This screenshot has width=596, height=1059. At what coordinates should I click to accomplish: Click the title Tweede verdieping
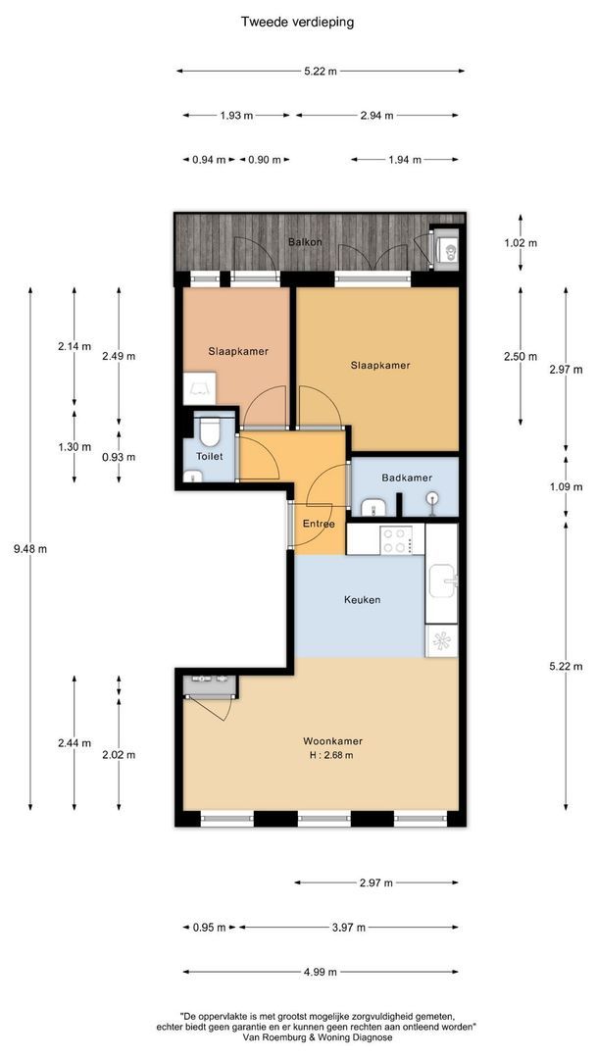[x=298, y=22]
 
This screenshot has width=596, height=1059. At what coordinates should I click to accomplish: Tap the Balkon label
[x=305, y=241]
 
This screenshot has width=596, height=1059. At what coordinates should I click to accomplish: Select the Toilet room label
[x=209, y=457]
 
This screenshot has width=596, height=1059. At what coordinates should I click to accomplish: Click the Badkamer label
[x=407, y=478]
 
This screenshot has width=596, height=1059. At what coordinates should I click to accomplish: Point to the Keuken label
[x=362, y=600]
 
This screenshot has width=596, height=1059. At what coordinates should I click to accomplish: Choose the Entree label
[x=319, y=524]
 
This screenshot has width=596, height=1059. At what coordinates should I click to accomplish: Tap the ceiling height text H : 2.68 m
[x=328, y=755]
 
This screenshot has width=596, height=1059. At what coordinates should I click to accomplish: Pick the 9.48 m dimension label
[x=30, y=548]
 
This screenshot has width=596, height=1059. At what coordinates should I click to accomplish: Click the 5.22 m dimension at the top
[x=320, y=71]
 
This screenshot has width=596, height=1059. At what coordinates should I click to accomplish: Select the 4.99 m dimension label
[x=320, y=972]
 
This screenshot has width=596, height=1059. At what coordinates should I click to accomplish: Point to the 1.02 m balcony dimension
[x=521, y=243]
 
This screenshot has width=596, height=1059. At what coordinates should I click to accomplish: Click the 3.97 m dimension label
[x=349, y=928]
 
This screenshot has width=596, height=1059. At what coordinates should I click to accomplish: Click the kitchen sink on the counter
[x=441, y=579]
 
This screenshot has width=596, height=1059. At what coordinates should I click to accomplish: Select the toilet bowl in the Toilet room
[x=209, y=431]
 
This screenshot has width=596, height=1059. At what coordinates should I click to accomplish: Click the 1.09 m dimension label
[x=566, y=487]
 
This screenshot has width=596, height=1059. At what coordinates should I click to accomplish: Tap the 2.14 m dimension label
[x=74, y=346]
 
